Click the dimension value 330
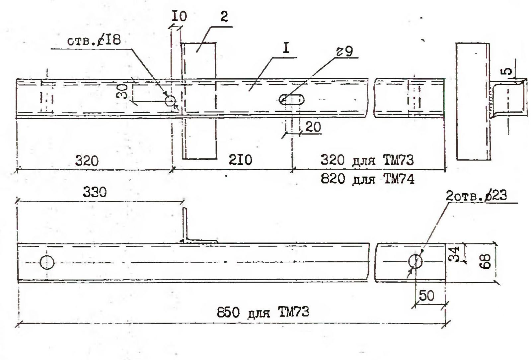[95, 193]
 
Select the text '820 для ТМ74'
[367, 180]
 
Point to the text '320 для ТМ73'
[367, 160]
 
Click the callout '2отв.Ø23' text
[476, 197]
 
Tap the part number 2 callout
[224, 17]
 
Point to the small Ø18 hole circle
[171, 100]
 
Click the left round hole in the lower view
[47, 262]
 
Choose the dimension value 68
[487, 262]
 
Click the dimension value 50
[427, 296]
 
